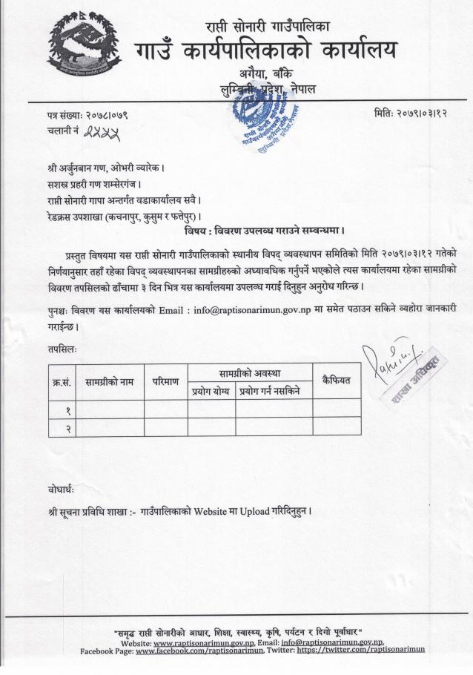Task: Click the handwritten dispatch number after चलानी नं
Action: click(103, 131)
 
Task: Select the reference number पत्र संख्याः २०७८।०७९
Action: click(87, 114)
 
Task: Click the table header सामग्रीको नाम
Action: click(110, 381)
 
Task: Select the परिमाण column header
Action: click(165, 381)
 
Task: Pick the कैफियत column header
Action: click(336, 381)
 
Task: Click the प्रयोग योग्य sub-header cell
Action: click(211, 390)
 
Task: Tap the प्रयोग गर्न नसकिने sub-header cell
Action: click(274, 390)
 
